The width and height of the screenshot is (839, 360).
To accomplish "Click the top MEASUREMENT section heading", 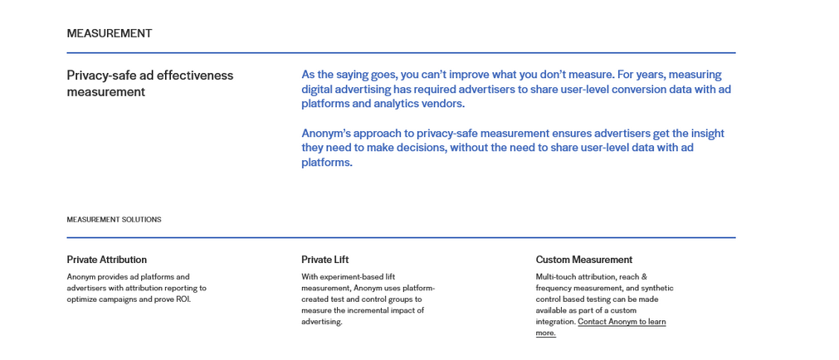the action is coord(110,33).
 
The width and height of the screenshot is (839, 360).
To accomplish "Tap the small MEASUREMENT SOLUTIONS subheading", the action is coord(114,219).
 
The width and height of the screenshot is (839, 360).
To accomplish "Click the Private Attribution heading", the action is coord(106,260).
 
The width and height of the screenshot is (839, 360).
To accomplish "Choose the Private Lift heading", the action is coord(324,260).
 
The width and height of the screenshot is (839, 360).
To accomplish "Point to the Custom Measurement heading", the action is coord(583,260).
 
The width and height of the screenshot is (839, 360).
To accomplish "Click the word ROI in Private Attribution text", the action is coord(183,299).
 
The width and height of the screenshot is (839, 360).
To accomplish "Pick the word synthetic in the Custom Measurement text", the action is coord(657,288).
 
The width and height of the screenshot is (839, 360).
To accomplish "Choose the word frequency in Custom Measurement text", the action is coord(552,288).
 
